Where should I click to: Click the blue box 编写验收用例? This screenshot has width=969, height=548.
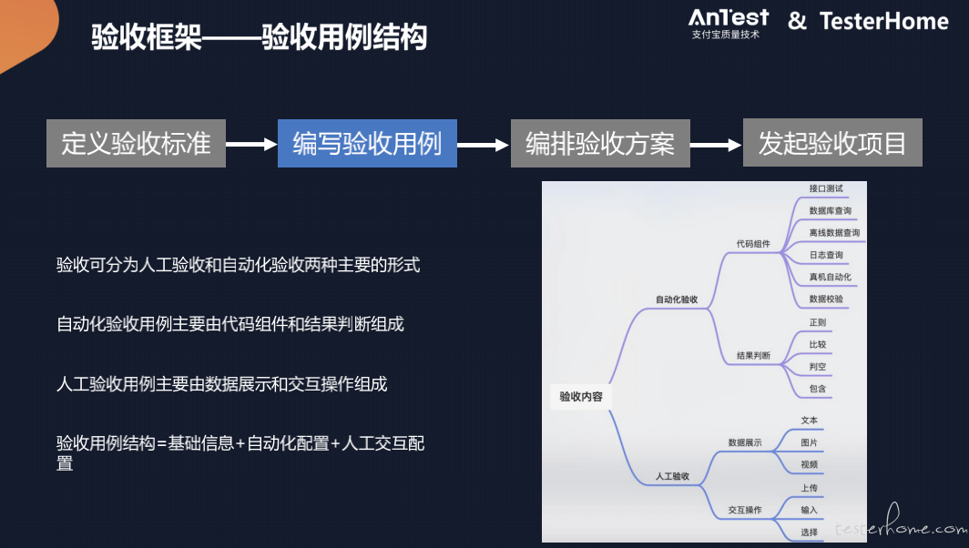click(x=367, y=143)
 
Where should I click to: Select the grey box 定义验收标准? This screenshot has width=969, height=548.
click(x=136, y=143)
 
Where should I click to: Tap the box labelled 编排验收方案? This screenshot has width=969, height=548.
click(x=600, y=143)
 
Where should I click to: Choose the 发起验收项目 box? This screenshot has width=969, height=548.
click(x=832, y=143)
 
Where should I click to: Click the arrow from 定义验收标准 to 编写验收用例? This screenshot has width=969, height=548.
click(x=251, y=144)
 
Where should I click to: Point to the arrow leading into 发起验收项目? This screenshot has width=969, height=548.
click(x=716, y=145)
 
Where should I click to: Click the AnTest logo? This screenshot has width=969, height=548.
click(x=729, y=24)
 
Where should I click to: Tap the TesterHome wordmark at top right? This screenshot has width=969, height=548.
click(x=883, y=21)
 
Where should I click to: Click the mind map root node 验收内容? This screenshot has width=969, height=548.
click(x=581, y=397)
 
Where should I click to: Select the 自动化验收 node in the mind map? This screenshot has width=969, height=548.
click(x=677, y=299)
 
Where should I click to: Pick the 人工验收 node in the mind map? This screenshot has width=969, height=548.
click(x=672, y=476)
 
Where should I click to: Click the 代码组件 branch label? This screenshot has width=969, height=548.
click(x=753, y=244)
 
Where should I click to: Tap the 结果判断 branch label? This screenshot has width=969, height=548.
click(x=753, y=356)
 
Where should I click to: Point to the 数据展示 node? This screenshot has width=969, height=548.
click(x=745, y=443)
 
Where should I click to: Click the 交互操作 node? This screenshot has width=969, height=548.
click(x=745, y=511)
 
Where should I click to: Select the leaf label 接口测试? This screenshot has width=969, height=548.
click(x=826, y=188)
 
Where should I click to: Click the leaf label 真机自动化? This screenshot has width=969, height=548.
click(x=831, y=278)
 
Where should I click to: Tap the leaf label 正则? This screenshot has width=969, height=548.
click(x=818, y=322)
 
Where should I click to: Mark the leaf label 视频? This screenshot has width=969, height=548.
click(x=810, y=464)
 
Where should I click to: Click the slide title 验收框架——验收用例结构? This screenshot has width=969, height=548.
click(x=260, y=36)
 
